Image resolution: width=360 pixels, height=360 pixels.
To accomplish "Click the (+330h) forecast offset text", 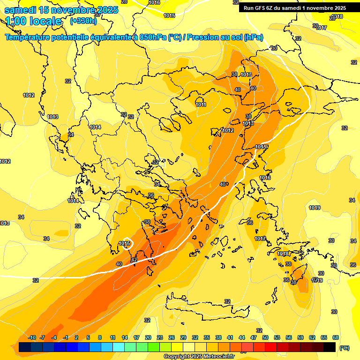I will click(83, 21).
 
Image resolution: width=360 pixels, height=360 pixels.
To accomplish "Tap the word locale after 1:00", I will click(45, 21).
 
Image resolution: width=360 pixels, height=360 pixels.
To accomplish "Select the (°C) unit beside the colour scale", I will click(344, 348).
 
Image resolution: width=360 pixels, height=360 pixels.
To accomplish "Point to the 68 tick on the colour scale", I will click(336, 337).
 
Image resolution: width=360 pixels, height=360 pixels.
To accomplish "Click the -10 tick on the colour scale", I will click(32, 337).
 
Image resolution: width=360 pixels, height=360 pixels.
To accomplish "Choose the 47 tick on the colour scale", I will click(254, 337).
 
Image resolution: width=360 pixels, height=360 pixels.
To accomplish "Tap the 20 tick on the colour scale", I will click(148, 337).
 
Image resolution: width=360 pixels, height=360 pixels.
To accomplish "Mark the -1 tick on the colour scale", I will click(66, 337).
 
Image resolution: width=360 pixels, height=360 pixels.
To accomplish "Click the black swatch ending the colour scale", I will click(330, 347).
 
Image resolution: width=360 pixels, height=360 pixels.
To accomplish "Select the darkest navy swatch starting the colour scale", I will click(25, 347).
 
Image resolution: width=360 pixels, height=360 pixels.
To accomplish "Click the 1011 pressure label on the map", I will click(201, 105).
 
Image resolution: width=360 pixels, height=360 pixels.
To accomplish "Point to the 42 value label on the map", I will click(134, 260).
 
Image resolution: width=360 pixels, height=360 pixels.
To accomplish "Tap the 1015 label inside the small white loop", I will click(124, 243).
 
